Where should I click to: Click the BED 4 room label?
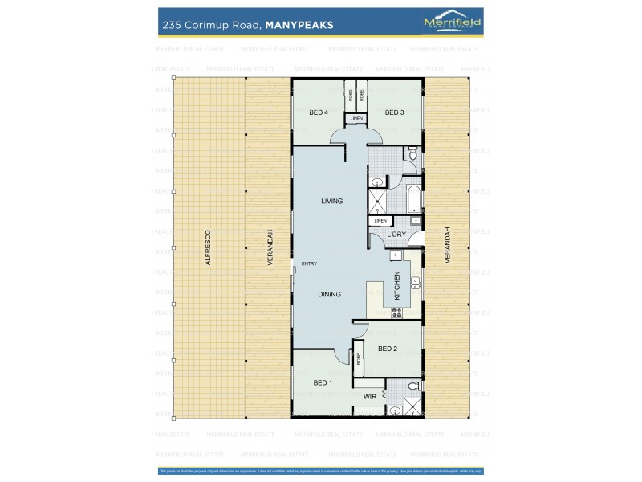(319, 112)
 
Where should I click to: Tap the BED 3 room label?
(393, 112)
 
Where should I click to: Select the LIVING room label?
(331, 201)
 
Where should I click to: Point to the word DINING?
(329, 294)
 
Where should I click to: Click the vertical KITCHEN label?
(396, 285)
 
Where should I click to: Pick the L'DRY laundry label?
(396, 235)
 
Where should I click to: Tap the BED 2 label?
(388, 349)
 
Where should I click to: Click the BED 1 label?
(323, 382)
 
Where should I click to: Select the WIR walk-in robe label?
(370, 397)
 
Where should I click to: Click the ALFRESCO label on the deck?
(207, 248)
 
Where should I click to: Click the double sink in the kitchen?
(415, 281)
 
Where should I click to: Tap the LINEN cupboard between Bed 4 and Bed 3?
(356, 119)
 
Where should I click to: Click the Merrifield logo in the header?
(452, 23)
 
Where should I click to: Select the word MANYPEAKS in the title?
(299, 25)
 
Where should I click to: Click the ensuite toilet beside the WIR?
(412, 387)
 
